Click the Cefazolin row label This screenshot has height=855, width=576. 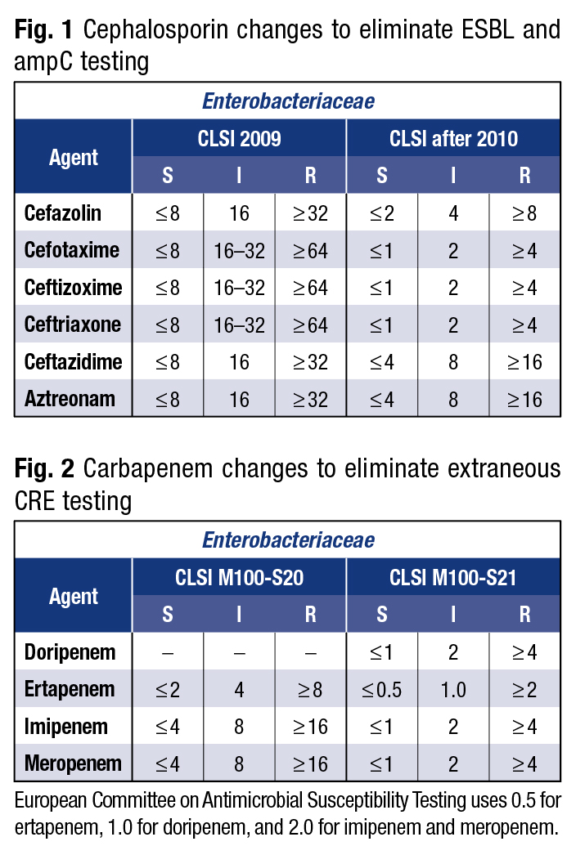click(63, 213)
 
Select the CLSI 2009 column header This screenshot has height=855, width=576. click(239, 139)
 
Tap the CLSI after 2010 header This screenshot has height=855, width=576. click(453, 139)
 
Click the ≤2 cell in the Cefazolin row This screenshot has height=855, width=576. click(381, 213)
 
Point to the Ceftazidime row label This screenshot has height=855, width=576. click(72, 361)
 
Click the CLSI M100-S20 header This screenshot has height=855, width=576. click(239, 578)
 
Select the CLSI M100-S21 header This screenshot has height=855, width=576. click(453, 578)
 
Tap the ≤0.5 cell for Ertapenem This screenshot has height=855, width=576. click(381, 690)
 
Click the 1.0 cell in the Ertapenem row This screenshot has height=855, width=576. click(453, 690)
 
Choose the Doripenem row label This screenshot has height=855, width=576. click(70, 652)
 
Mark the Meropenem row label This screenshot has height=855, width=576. click(73, 764)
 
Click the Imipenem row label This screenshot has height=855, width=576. click(66, 727)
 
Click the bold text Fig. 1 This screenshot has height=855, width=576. click(44, 31)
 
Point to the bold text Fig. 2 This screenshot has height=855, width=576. click(44, 468)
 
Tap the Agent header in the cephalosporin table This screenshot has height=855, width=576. click(74, 157)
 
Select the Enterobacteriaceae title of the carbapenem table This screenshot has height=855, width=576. click(288, 540)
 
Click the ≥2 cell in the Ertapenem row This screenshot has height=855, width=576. click(524, 690)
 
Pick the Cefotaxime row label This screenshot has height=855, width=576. click(72, 250)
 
